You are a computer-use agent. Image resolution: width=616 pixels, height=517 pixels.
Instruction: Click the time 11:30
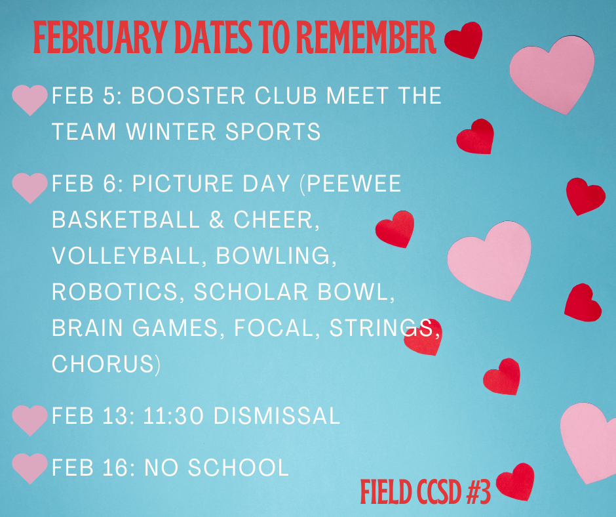tap(174, 416)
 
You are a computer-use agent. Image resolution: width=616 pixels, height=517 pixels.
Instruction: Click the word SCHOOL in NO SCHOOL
tap(239, 467)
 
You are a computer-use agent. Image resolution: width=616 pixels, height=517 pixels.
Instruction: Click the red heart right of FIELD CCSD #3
tap(516, 482)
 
